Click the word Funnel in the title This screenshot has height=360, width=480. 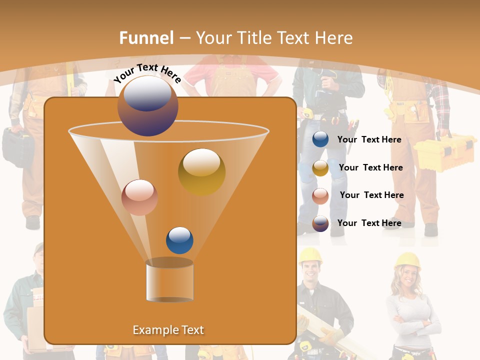point(146,37)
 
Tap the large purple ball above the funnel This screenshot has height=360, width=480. point(147,105)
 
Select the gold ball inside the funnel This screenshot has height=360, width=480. point(201,171)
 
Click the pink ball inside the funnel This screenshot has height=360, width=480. point(139,197)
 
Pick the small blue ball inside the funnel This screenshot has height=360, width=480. point(179,240)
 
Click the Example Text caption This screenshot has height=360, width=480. point(168,330)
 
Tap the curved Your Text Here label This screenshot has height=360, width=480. point(147,73)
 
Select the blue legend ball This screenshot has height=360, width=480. point(320,139)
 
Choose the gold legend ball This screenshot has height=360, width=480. point(320,168)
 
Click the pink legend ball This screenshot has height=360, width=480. point(320,196)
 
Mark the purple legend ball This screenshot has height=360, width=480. point(320,223)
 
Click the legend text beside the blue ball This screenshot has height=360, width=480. point(369,139)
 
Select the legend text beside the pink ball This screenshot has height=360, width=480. point(371,195)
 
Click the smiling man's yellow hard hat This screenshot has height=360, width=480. point(310,255)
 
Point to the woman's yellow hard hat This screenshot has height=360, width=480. point(407,260)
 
